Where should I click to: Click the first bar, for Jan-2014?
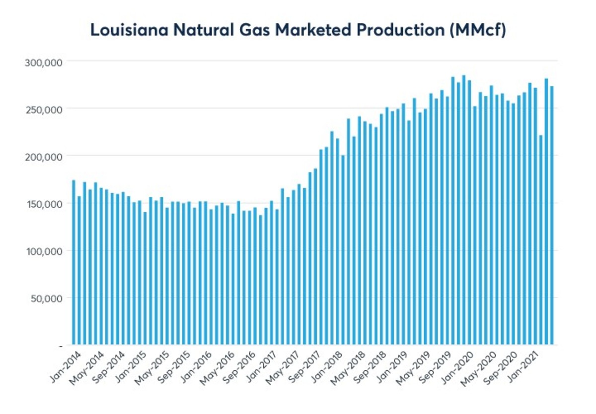pyautogui.click(x=74, y=263)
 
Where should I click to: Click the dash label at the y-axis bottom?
pyautogui.click(x=60, y=345)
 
